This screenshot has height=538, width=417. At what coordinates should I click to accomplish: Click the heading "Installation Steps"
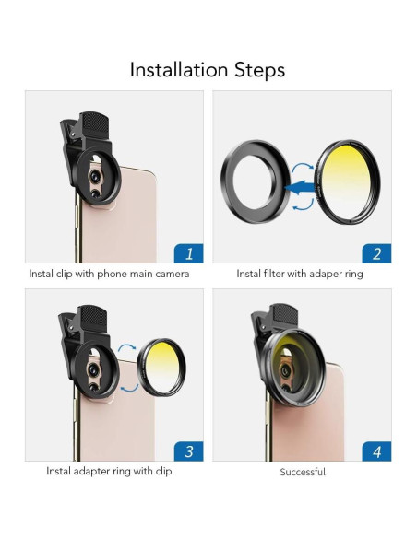point(208,69)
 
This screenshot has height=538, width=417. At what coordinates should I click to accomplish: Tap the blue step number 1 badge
point(188,252)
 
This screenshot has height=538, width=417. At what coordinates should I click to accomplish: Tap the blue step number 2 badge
point(376,252)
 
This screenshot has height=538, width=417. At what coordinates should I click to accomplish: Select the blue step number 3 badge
point(188,450)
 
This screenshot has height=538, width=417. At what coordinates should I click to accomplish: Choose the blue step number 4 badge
point(376,450)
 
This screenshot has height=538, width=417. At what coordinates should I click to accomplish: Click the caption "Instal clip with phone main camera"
point(109,274)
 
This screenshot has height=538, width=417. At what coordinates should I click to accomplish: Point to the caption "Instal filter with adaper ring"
point(300,274)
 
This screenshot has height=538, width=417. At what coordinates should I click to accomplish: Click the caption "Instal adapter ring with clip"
point(109,472)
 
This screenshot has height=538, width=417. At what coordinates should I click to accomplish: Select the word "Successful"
point(303,472)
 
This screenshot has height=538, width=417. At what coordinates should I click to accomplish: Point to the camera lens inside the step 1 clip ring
point(95,174)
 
